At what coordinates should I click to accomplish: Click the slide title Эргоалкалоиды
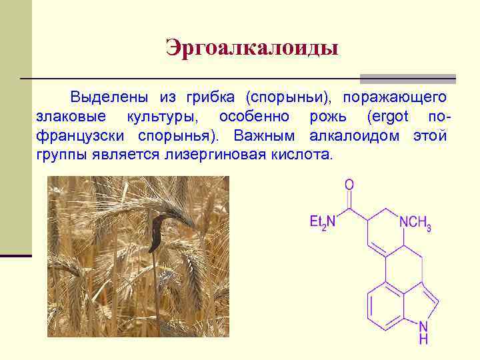252,49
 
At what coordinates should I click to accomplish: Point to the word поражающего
395,98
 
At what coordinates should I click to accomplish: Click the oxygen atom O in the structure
349,184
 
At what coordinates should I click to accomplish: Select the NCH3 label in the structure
414,223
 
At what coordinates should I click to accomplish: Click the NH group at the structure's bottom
423,332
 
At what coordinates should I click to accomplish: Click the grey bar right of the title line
407,79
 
